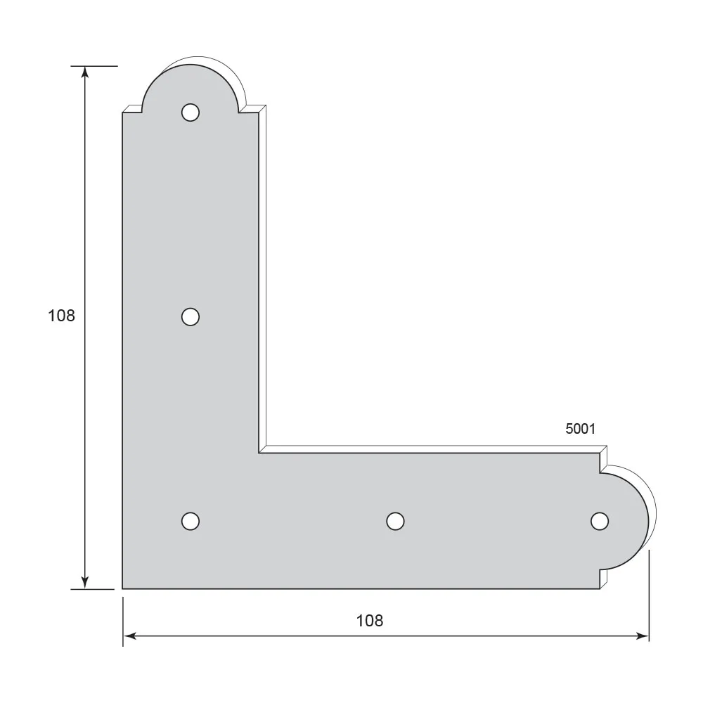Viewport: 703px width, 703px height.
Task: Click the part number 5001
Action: [x=580, y=429]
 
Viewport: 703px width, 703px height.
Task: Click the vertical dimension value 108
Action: [x=61, y=316]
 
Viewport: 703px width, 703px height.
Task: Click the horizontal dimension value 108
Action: [x=370, y=621]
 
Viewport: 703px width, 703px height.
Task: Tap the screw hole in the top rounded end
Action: [x=190, y=112]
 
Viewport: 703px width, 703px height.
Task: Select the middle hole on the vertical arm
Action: [x=190, y=317]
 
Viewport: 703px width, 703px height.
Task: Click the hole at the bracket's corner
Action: [x=190, y=521]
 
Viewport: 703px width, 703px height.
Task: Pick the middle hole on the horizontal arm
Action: [x=395, y=521]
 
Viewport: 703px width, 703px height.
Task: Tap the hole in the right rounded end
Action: [x=600, y=521]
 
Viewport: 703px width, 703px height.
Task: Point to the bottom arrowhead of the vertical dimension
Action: [x=85, y=582]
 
